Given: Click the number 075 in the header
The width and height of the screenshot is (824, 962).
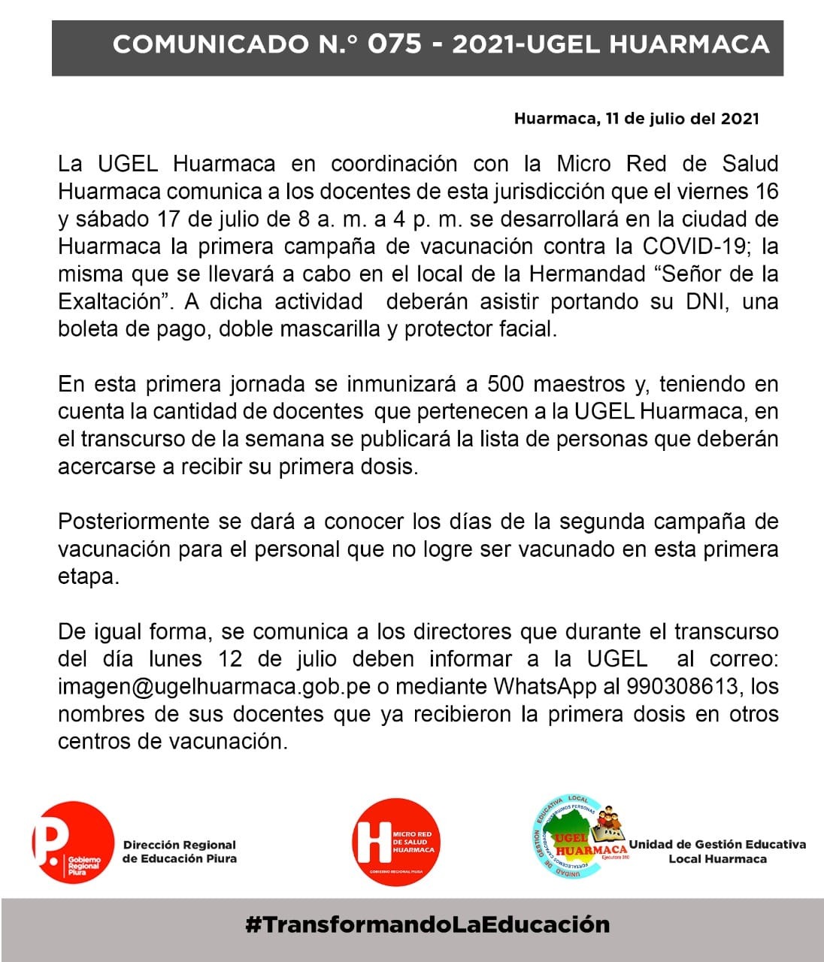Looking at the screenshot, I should pyautogui.click(x=394, y=44).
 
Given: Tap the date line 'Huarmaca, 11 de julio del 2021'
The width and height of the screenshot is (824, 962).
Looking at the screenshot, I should pyautogui.click(x=636, y=119).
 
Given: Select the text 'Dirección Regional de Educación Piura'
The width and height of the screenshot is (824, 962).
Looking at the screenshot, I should pyautogui.click(x=179, y=852).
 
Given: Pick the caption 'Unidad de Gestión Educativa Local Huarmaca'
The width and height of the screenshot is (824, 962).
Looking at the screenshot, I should pyautogui.click(x=717, y=852).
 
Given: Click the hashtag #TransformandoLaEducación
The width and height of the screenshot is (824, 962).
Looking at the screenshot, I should pyautogui.click(x=427, y=924).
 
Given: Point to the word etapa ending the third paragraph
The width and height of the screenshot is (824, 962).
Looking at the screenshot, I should pyautogui.click(x=88, y=577).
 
